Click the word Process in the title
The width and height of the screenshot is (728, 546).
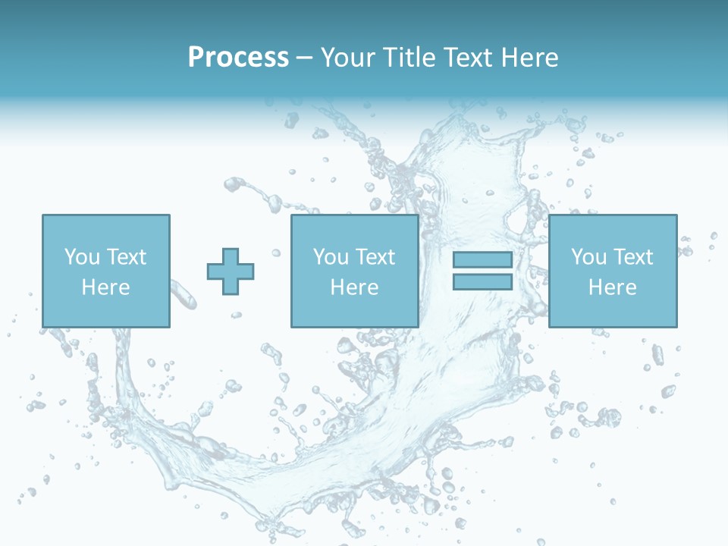point(238,58)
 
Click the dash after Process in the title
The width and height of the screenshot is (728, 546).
point(305,59)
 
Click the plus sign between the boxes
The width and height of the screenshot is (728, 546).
point(231,271)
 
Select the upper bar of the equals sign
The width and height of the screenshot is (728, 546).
point(482,259)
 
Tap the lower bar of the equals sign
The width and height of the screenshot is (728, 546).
point(482,282)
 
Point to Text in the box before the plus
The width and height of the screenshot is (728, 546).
point(125,257)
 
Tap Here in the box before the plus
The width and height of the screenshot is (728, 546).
point(105,287)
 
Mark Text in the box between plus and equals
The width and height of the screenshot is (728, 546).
point(374,257)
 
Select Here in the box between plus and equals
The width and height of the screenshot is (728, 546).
point(354,287)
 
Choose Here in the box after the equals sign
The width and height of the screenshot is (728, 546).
point(612,287)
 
